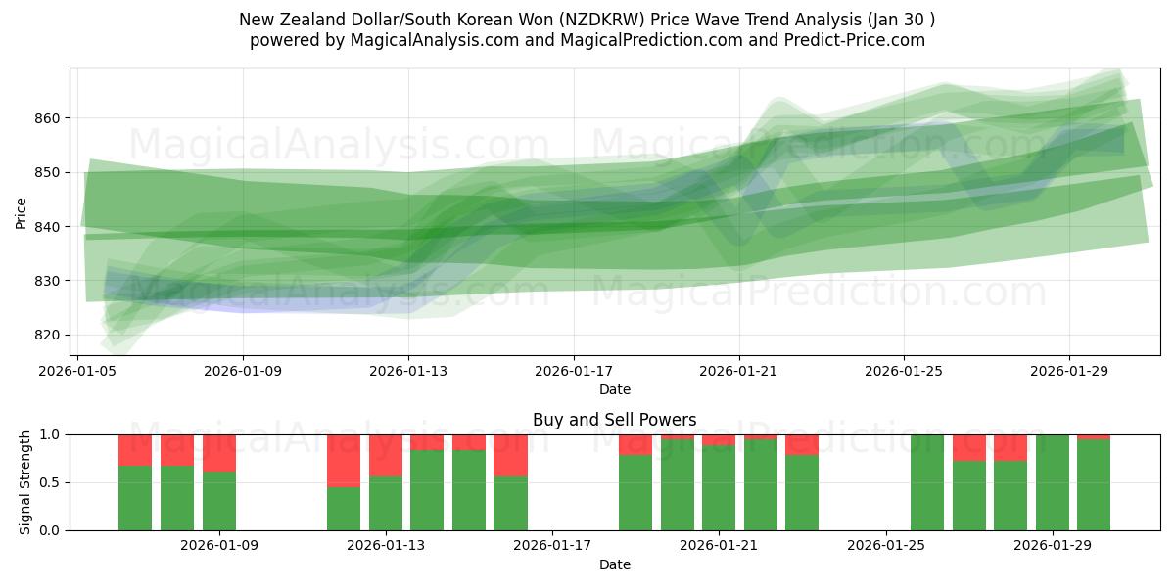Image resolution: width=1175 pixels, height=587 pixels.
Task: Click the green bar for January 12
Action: (x=343, y=508)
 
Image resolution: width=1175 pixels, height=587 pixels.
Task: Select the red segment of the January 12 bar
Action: (x=343, y=460)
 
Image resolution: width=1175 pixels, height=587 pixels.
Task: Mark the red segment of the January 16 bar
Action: (x=510, y=455)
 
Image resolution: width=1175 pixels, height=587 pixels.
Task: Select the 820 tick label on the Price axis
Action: (x=46, y=335)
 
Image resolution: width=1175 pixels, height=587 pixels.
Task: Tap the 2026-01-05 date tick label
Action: (x=78, y=372)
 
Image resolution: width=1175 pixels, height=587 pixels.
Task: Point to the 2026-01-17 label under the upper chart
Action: (x=574, y=372)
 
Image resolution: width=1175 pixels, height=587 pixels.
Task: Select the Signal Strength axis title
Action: (x=25, y=482)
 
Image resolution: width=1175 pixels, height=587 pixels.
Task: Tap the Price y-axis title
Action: (x=22, y=213)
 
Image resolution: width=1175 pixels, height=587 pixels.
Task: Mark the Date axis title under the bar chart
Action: (x=615, y=564)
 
